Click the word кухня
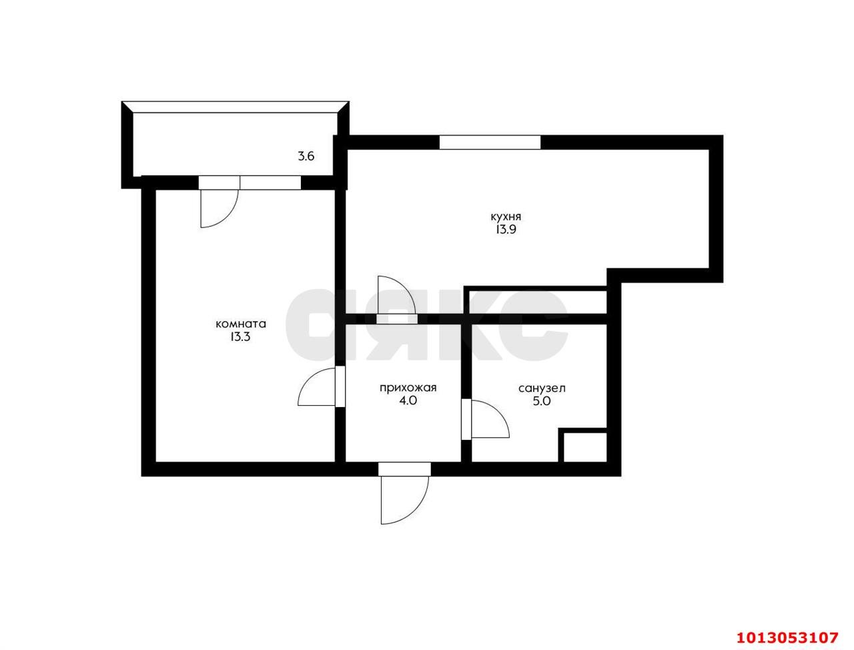click(505, 217)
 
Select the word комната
click(241, 324)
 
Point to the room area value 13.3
click(241, 338)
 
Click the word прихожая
click(408, 388)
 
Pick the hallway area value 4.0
click(408, 401)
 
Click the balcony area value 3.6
click(306, 157)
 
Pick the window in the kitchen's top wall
click(490, 142)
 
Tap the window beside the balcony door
click(270, 182)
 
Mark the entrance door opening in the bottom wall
click(404, 469)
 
